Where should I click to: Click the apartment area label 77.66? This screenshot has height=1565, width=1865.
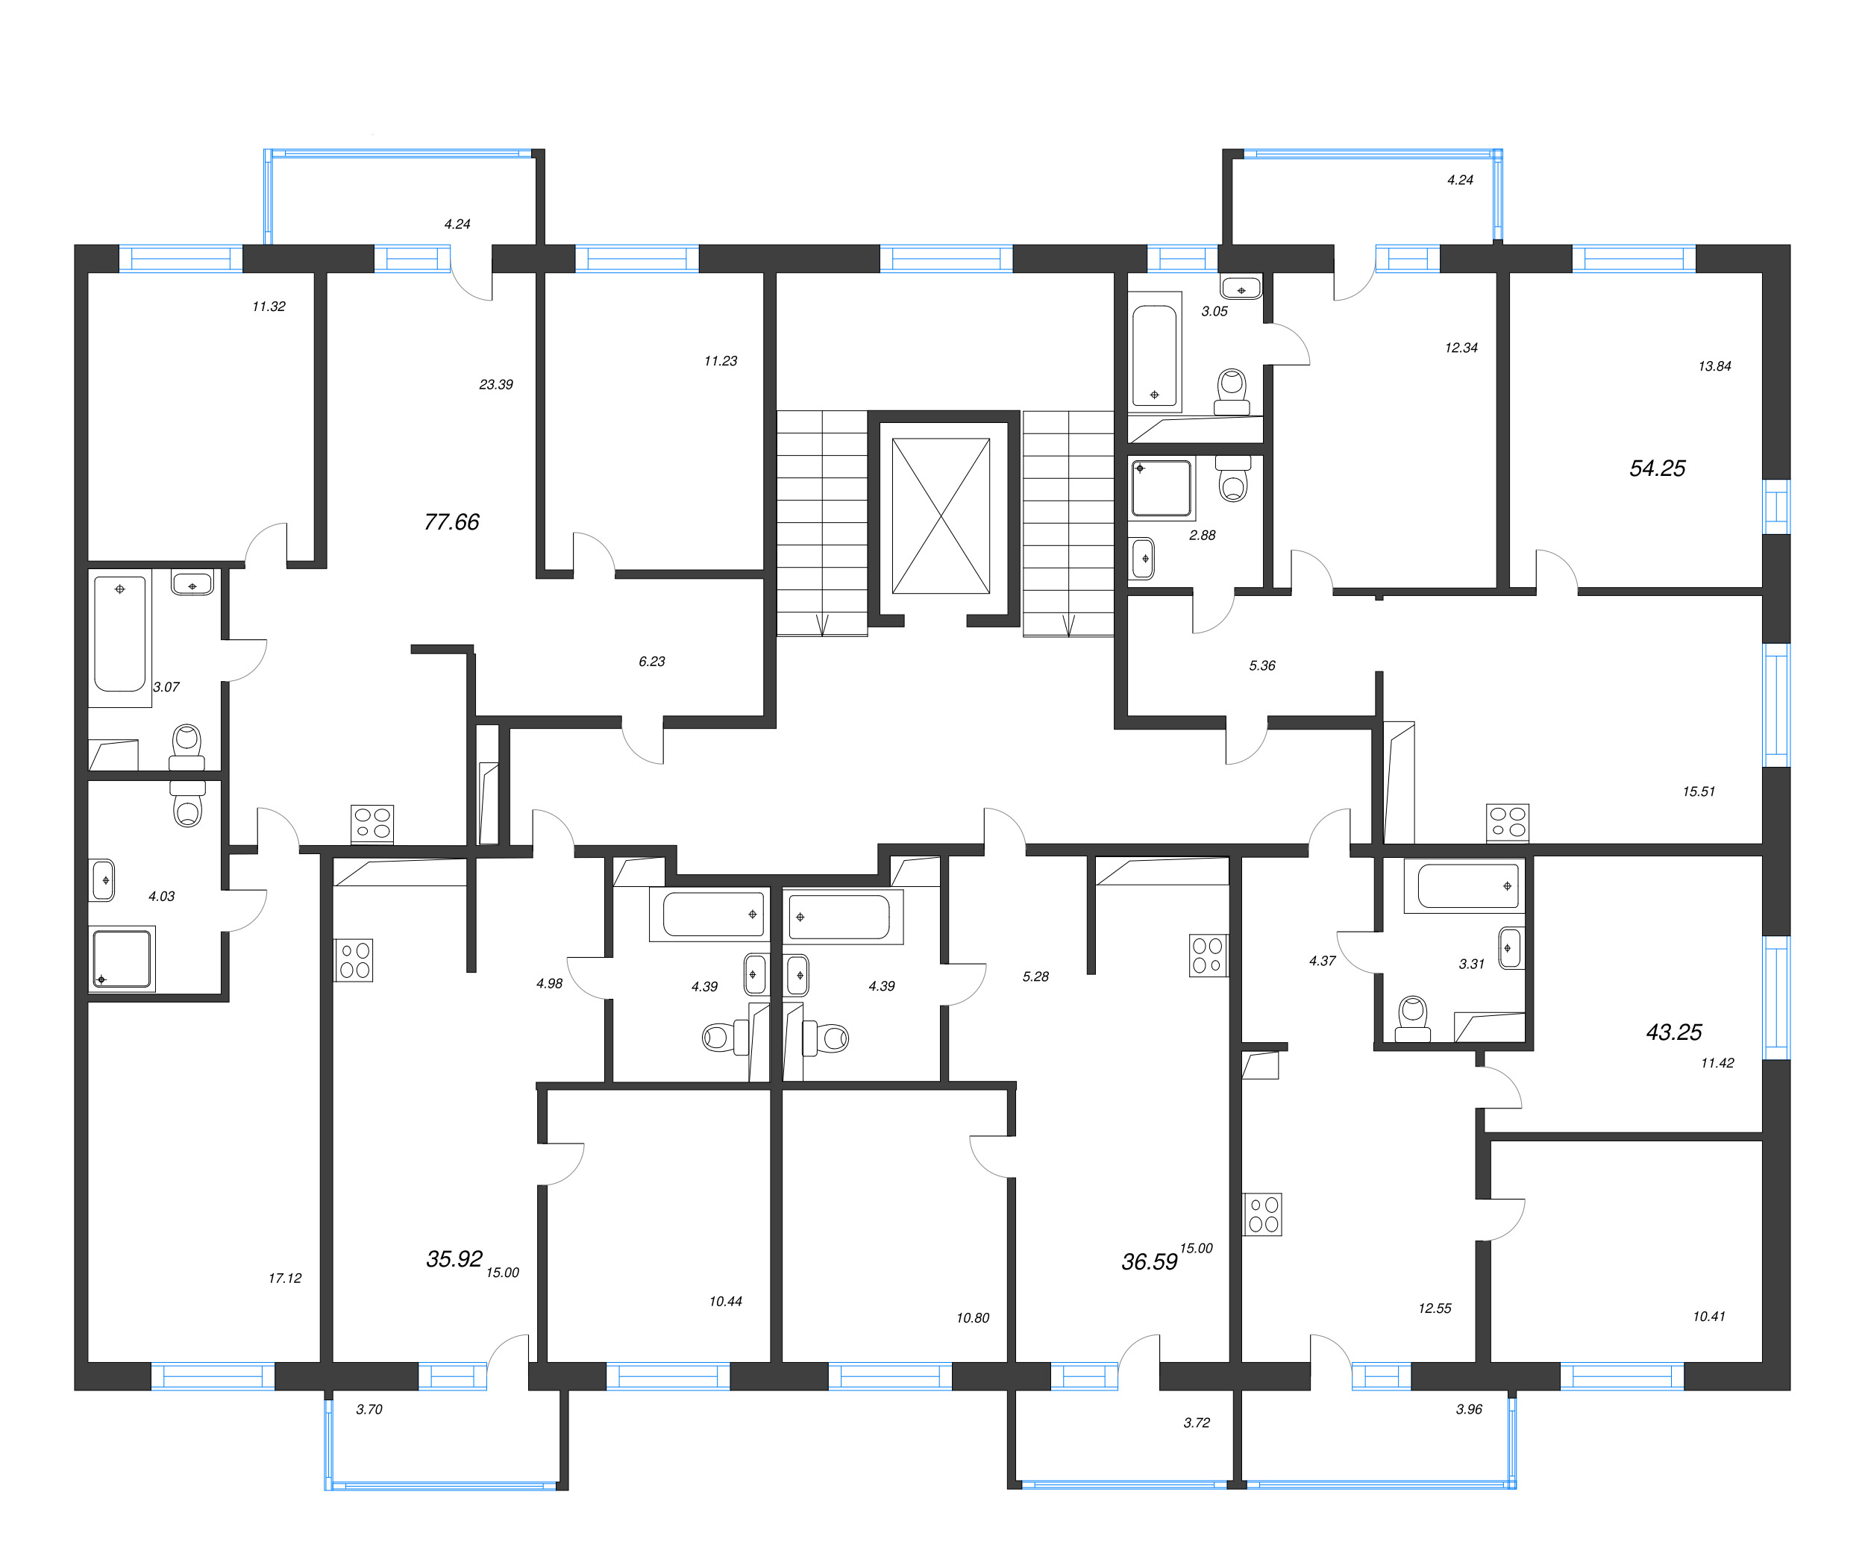click(x=451, y=521)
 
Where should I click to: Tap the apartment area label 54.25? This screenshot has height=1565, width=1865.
click(x=1656, y=468)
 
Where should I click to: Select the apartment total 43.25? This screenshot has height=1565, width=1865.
click(x=1673, y=1032)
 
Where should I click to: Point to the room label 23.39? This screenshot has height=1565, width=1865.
click(x=495, y=385)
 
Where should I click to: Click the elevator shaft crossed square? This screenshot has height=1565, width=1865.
click(x=941, y=516)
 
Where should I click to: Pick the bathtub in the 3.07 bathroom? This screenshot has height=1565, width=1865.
click(x=120, y=633)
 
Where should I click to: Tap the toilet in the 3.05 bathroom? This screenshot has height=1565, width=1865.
click(x=1232, y=392)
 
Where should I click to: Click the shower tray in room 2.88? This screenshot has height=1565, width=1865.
click(x=1161, y=488)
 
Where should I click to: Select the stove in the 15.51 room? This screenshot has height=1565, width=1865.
click(x=1507, y=823)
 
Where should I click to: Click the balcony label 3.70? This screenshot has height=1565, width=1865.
click(x=369, y=1410)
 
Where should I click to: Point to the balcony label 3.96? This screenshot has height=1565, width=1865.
click(x=1469, y=1410)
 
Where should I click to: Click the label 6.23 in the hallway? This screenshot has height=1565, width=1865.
click(x=651, y=662)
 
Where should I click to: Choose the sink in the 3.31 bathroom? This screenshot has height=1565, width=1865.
click(x=1510, y=949)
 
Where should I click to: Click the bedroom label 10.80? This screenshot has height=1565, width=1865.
click(x=973, y=1318)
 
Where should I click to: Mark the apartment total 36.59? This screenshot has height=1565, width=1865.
click(x=1148, y=1262)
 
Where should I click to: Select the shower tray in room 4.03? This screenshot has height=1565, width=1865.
click(x=122, y=959)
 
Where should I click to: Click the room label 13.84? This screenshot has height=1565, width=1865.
click(x=1714, y=366)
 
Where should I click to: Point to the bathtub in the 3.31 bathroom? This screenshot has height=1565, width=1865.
click(x=1467, y=885)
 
